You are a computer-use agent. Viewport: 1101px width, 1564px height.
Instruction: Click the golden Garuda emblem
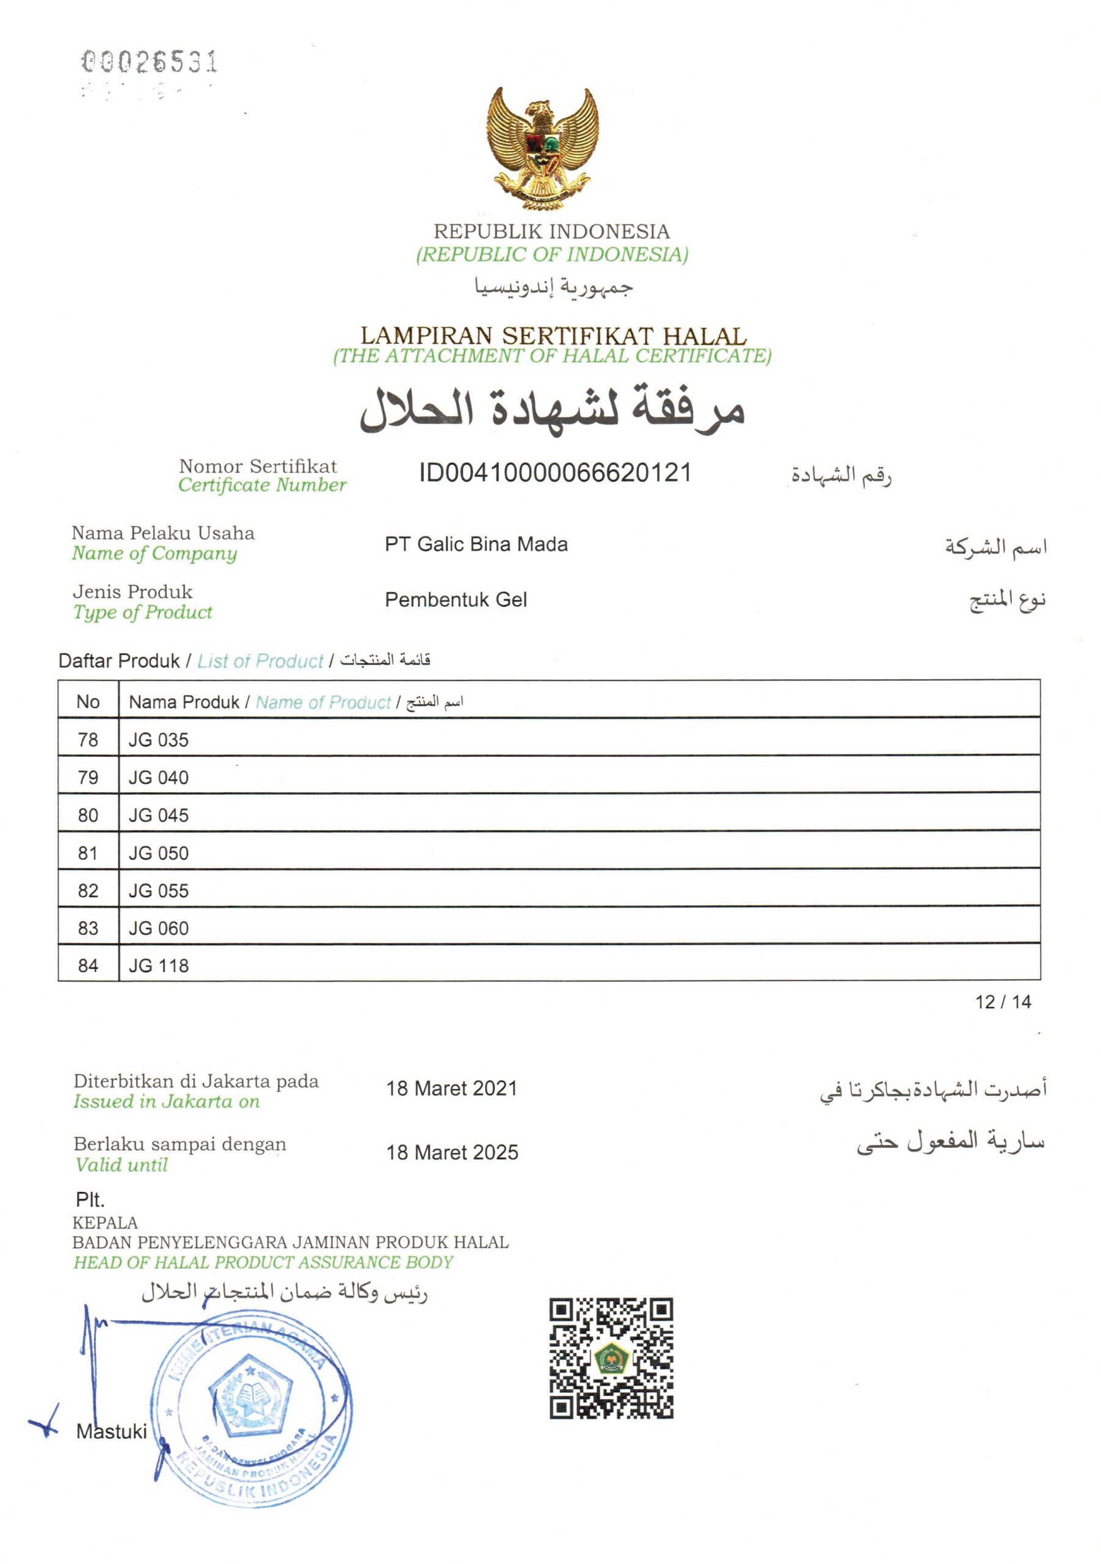coord(542,148)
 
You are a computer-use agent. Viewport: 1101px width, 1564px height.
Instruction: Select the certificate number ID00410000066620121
coord(555,473)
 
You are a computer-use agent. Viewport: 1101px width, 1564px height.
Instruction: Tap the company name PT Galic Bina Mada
coord(476,544)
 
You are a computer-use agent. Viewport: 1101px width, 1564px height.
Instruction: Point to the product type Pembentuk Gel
coord(456,600)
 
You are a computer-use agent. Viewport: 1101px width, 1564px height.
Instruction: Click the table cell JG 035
coord(159,740)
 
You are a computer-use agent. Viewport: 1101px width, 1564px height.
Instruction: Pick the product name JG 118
coord(159,965)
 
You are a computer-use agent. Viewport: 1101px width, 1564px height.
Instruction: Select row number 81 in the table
coord(88,853)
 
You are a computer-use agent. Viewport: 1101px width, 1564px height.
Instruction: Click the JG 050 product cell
coord(159,853)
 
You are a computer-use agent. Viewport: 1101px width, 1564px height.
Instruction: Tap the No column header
coord(88,701)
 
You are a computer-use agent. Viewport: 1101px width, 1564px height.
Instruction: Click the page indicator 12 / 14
coord(1003,1001)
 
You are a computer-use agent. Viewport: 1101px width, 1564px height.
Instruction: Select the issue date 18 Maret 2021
coord(451,1089)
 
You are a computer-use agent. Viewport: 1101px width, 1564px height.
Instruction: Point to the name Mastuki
coord(112,1431)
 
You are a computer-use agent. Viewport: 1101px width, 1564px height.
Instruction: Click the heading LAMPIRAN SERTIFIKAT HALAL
coord(553,335)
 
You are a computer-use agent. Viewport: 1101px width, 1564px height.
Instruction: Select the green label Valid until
coord(121,1165)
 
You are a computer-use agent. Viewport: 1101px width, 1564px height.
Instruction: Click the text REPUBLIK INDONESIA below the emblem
coord(551,232)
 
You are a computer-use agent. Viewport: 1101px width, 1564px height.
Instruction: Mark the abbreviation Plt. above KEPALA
coord(90,1199)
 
